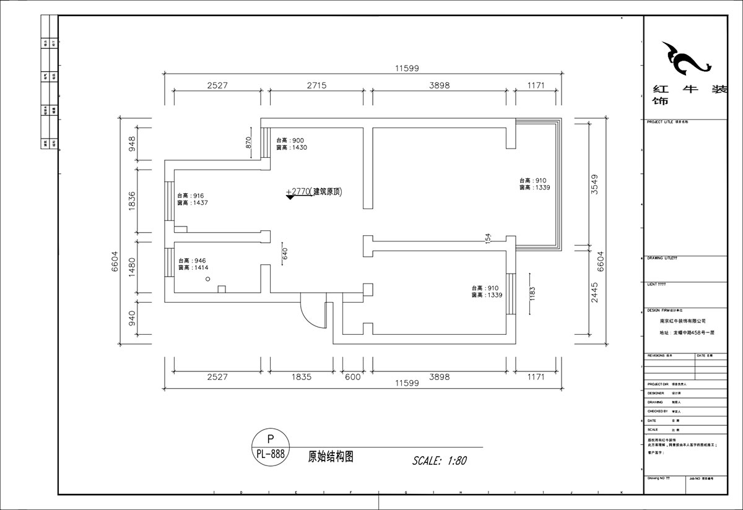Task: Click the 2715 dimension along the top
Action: pyautogui.click(x=316, y=85)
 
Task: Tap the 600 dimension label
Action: pyautogui.click(x=353, y=376)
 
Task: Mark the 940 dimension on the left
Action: pyautogui.click(x=131, y=319)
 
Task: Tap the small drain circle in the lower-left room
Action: pyautogui.click(x=209, y=280)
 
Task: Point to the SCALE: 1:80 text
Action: pyautogui.click(x=439, y=460)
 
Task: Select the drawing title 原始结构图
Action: pyautogui.click(x=331, y=457)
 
